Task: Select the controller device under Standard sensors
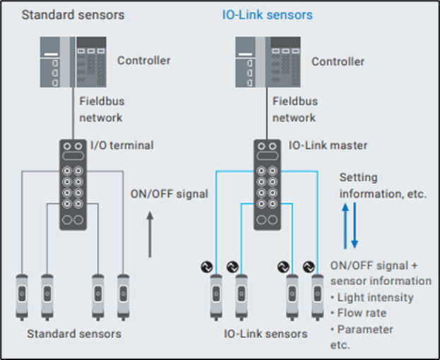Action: point(73,63)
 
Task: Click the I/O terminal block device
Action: point(73,185)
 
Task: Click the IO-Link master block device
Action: point(268,185)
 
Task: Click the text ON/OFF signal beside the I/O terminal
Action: point(170,193)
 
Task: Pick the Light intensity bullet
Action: point(375,297)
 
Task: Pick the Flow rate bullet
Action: point(362,313)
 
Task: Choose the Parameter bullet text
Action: point(365,329)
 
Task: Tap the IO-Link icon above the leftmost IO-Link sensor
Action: point(208,267)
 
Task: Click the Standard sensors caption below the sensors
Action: point(73,333)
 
